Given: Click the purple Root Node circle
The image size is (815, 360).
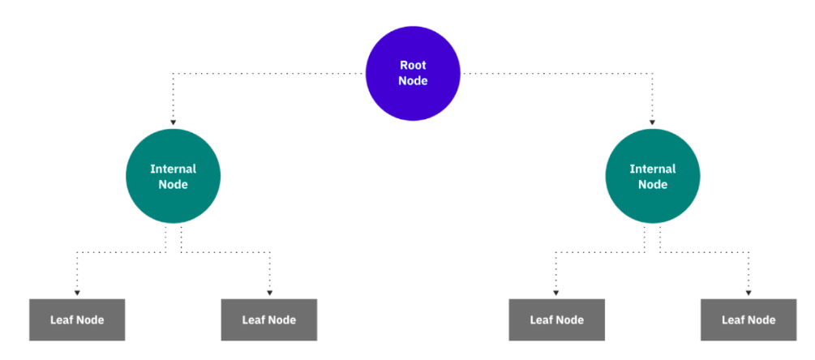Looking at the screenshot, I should click(x=413, y=73).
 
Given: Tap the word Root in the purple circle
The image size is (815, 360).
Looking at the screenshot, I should click(x=413, y=65).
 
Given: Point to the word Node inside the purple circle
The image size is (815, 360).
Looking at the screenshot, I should click(x=413, y=81).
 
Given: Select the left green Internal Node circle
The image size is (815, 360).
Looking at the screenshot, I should click(x=173, y=177).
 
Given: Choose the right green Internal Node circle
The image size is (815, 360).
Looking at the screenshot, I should click(x=652, y=177).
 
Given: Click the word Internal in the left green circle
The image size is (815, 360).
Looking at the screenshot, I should click(x=173, y=169).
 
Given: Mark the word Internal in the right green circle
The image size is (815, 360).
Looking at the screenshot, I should click(x=652, y=169).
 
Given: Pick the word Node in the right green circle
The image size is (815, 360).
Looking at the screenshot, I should click(x=652, y=185).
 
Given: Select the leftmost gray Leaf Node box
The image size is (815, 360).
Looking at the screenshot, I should click(x=77, y=319).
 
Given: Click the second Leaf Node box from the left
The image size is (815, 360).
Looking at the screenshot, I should click(x=269, y=319).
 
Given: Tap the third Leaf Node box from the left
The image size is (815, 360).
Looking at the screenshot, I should click(x=556, y=319).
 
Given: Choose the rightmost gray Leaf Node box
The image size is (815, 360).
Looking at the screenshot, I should click(x=749, y=319).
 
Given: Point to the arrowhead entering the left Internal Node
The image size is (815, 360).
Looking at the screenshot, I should click(x=173, y=122).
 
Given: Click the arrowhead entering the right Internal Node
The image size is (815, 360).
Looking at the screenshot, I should click(x=652, y=122).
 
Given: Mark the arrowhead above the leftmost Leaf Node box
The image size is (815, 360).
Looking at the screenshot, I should click(x=77, y=293).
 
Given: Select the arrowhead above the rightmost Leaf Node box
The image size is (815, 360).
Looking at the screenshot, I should click(x=749, y=293).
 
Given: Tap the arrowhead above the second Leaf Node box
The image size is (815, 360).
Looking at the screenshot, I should click(x=269, y=293).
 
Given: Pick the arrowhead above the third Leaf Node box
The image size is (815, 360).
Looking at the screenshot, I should click(x=556, y=293).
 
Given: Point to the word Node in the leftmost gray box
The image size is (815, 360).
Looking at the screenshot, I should click(x=89, y=319).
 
